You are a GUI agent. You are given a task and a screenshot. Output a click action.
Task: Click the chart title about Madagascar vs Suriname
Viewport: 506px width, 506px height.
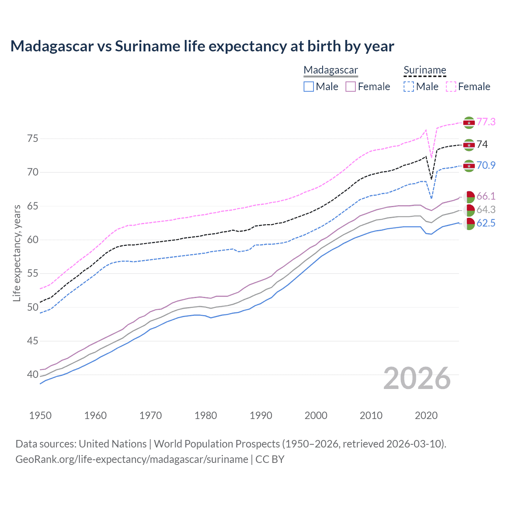pos(202,46)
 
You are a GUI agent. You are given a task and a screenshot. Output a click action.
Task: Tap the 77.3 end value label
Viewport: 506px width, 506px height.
pos(486,122)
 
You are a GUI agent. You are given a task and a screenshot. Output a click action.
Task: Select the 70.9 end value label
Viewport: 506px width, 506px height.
pos(486,165)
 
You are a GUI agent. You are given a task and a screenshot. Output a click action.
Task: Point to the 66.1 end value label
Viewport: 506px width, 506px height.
pos(486,196)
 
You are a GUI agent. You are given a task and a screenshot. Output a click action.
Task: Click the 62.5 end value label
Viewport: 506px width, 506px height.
pos(486,223)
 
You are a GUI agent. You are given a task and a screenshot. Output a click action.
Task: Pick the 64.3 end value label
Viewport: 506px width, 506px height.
pos(486,210)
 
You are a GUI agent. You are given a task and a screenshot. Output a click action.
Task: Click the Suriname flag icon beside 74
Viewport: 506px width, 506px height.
pos(469,145)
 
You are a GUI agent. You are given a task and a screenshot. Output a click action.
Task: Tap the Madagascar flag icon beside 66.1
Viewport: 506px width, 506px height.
pos(469,196)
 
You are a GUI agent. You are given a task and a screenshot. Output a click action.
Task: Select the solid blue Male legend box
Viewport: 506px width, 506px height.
pos(309,87)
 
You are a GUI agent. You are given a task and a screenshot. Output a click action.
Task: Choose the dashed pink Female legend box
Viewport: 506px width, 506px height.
pos(451,87)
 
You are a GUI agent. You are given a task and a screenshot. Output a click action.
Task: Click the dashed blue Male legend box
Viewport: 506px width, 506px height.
pos(409,87)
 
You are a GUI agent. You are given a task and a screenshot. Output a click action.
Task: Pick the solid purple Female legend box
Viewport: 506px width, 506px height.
pos(351,87)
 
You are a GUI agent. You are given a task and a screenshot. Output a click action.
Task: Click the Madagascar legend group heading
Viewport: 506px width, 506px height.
pos(330,70)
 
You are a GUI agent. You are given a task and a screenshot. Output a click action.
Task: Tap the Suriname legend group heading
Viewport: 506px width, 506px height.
pos(425,70)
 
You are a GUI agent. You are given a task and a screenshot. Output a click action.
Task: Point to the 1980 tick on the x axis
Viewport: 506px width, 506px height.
pos(206,415)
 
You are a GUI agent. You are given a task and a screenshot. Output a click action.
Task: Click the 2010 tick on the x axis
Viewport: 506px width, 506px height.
pos(371,415)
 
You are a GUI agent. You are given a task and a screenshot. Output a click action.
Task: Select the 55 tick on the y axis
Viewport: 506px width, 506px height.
pos(32,274)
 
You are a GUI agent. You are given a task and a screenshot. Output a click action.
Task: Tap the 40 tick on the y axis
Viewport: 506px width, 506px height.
pos(32,374)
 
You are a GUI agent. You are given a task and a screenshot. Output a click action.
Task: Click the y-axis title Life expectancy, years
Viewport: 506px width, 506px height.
pos(17,253)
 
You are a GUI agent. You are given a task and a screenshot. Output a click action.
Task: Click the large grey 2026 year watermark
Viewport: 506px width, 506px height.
pos(417,378)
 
